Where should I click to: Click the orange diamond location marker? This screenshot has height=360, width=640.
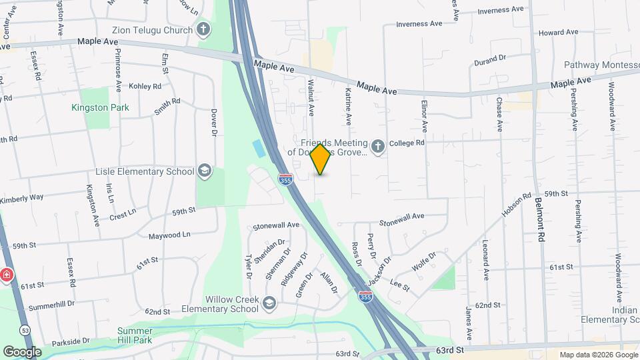coord(321,159)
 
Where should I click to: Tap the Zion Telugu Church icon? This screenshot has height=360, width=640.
coord(203,29)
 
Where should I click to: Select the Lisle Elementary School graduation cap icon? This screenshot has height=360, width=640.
coord(204,171)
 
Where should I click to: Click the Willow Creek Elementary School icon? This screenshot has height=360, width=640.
coord(269,303)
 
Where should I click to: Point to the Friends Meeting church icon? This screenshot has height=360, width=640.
coord(378,147)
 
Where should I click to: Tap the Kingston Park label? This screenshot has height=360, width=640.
coord(101,107)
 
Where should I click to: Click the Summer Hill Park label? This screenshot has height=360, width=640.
coord(139,336)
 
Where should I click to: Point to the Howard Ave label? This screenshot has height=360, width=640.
coord(558,32)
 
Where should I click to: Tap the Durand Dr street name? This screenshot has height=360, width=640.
coord(490,61)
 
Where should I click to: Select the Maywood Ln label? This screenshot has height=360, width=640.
coord(169,235)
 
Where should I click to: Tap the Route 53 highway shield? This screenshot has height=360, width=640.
coord(25,329)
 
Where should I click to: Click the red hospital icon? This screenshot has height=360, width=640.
coord(6,275)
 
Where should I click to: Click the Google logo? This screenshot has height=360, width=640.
coord(22,351)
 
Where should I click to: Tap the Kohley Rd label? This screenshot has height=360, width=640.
coord(145,86)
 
